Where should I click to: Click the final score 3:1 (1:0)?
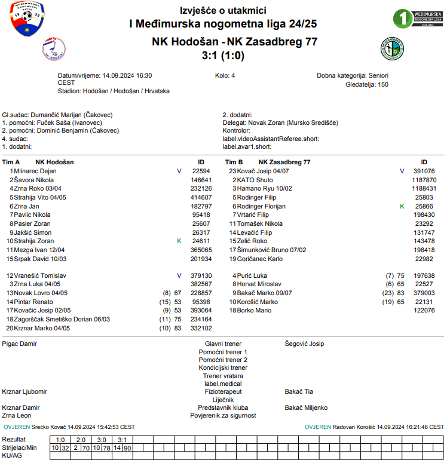click(223, 56)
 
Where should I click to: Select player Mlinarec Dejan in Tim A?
click(35, 171)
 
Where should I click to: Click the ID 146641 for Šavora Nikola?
click(201, 180)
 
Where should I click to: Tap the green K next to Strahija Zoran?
click(179, 241)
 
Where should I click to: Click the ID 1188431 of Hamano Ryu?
click(424, 188)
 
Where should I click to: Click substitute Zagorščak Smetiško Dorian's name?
click(62, 320)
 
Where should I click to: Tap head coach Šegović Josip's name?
click(304, 344)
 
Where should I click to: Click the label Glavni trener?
click(223, 344)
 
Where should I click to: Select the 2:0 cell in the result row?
click(81, 440)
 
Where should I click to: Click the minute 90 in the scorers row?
click(127, 447)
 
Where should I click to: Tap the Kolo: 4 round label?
click(225, 76)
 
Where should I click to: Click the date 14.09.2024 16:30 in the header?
click(127, 76)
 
